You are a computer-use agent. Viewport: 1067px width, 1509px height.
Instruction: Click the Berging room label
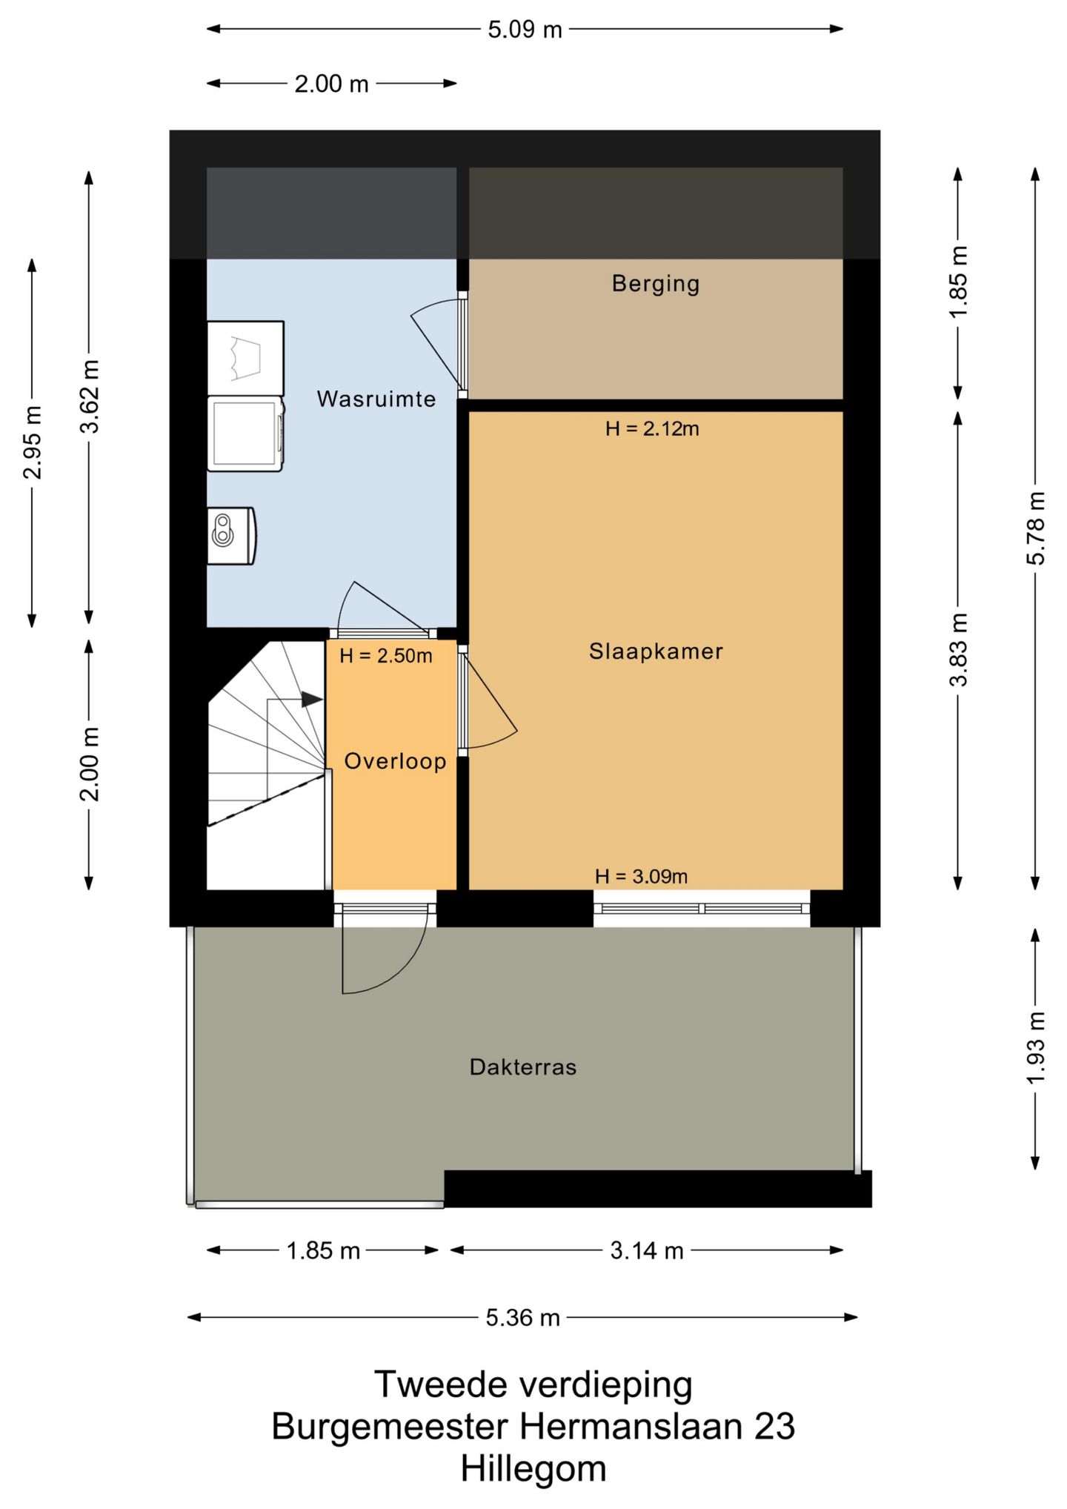[x=655, y=284]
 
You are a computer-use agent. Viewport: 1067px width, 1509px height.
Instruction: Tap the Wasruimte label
[x=376, y=399]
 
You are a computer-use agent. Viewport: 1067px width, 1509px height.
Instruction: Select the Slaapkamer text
[x=656, y=651]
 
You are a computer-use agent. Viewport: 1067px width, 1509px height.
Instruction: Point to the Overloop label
[x=395, y=761]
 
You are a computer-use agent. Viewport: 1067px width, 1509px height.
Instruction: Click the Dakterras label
[x=523, y=1067]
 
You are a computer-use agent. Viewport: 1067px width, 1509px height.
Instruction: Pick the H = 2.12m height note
[x=652, y=428]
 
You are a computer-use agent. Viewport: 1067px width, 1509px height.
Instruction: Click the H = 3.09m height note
[x=642, y=876]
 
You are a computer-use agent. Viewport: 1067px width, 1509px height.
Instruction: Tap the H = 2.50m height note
[x=386, y=656]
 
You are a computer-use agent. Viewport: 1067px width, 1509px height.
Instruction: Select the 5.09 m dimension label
[x=525, y=30]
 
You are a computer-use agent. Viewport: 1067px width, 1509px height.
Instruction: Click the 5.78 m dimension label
[x=1035, y=528]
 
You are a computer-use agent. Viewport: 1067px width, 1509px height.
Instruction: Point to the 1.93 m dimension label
[x=1035, y=1047]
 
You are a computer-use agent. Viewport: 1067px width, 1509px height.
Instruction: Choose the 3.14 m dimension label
[x=647, y=1251]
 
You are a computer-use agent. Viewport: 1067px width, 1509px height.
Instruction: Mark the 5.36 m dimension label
[x=523, y=1318]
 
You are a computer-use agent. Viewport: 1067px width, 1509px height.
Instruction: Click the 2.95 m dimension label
[x=32, y=442]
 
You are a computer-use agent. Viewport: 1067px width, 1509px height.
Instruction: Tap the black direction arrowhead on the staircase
[x=312, y=699]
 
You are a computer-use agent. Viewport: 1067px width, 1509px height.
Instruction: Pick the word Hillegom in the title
[x=533, y=1468]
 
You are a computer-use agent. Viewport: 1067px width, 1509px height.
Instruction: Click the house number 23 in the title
[x=774, y=1425]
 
